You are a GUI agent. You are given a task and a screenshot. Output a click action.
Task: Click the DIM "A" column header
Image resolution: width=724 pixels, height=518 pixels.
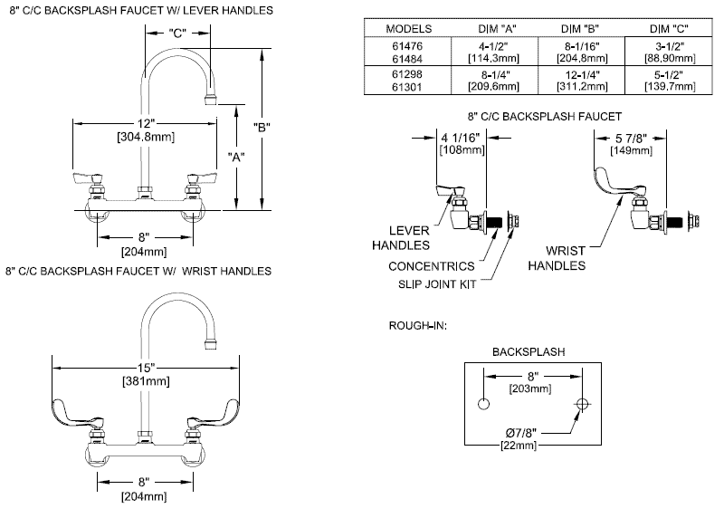(x=490, y=28)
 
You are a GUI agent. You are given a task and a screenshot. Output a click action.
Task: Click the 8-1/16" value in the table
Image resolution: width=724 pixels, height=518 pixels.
(x=580, y=43)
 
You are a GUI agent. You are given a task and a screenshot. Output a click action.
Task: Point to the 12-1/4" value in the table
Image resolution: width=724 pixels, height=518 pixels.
(x=580, y=72)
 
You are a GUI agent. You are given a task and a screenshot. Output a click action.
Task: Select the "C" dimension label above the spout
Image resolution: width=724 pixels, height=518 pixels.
(x=177, y=34)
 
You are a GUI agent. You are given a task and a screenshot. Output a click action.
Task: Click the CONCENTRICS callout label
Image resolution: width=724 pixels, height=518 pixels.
(x=431, y=266)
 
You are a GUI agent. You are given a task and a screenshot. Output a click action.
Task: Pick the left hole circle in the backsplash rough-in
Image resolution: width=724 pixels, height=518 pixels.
(x=483, y=403)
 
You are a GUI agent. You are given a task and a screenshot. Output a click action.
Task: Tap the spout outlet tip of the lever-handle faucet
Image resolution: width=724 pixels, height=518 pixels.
(x=214, y=95)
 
